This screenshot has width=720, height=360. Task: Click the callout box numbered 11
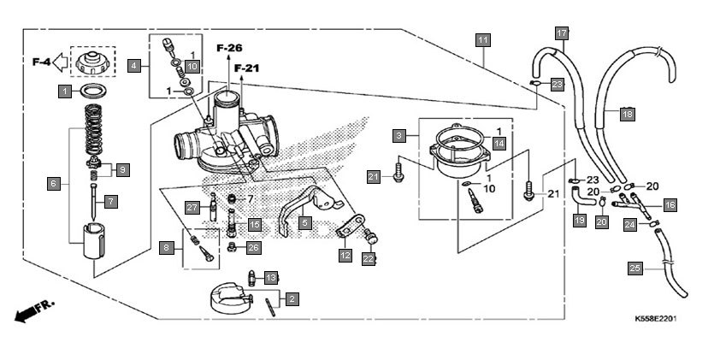click(482, 40)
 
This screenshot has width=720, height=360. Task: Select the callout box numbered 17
click(562, 33)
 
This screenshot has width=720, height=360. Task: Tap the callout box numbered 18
click(628, 114)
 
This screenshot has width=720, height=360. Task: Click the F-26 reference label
click(229, 48)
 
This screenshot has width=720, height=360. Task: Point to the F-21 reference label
click(246, 68)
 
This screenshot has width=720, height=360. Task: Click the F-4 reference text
click(41, 62)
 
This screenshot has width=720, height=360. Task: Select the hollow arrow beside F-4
click(60, 62)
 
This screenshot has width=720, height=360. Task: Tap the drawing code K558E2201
click(656, 318)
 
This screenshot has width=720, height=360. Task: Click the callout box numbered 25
click(634, 269)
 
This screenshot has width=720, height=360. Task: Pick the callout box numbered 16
click(670, 204)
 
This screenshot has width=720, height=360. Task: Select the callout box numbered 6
click(54, 184)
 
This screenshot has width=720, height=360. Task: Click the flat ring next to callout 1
click(93, 91)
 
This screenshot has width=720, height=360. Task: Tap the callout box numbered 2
click(292, 299)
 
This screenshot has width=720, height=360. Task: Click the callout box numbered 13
click(271, 277)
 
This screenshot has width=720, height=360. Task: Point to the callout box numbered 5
click(304, 224)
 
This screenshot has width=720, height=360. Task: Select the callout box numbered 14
click(499, 144)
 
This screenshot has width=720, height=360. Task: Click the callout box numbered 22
click(369, 259)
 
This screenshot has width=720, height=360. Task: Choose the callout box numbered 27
click(192, 208)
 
